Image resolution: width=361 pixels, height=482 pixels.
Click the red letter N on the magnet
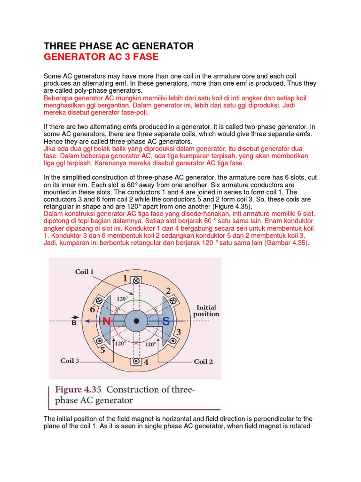tap(107, 322)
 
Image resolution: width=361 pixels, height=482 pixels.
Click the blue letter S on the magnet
tap(166, 322)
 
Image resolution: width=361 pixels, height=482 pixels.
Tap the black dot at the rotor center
tap(136, 321)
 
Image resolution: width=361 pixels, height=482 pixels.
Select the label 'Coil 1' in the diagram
tap(85, 272)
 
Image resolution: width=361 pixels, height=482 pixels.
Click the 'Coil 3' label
tap(70, 361)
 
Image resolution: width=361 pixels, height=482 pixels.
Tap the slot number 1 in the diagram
tap(126, 279)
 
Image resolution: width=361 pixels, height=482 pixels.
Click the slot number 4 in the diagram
tap(146, 362)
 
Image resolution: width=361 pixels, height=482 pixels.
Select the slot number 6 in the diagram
tap(92, 309)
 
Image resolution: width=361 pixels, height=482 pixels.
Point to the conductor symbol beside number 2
tap(173, 300)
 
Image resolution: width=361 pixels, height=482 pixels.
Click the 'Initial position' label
tap(206, 311)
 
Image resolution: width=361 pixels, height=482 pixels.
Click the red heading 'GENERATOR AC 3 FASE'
tap(101, 57)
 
